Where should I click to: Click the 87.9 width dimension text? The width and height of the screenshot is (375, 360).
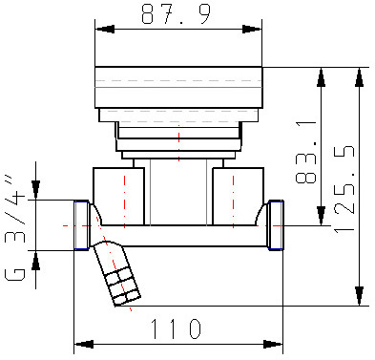[x=176, y=14]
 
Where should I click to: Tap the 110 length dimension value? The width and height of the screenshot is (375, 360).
[x=176, y=328]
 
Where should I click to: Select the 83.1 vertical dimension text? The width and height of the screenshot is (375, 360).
[x=306, y=153]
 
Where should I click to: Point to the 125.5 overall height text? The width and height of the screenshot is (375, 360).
[x=344, y=189]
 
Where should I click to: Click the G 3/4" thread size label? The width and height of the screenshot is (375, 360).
[x=15, y=228]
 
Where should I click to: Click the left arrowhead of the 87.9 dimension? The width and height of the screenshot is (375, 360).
[x=105, y=30]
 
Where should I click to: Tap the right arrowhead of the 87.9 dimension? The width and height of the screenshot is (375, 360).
[x=252, y=30]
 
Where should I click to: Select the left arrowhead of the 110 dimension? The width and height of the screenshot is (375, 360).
[x=84, y=344]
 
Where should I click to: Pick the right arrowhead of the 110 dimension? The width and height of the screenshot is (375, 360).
[x=273, y=344]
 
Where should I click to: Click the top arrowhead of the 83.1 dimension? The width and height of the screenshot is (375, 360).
[x=322, y=77]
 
